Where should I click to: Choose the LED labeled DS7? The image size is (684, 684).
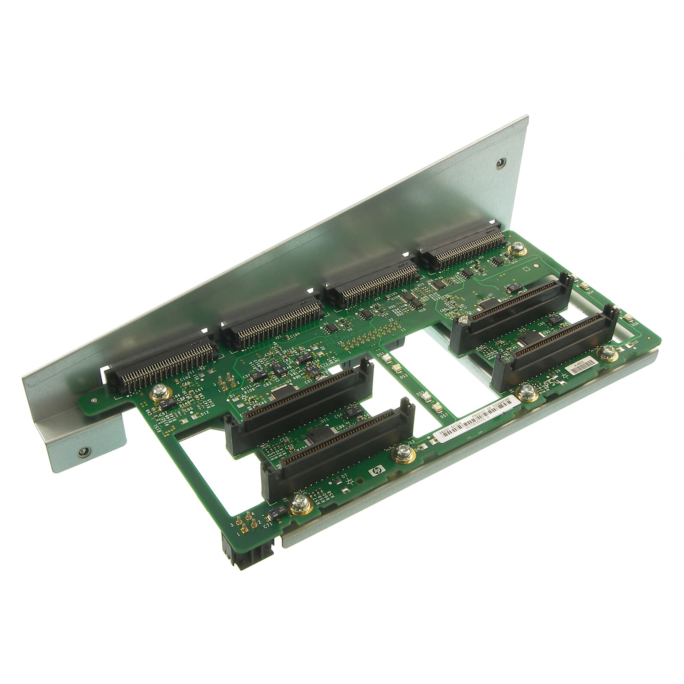coord(436,407)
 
